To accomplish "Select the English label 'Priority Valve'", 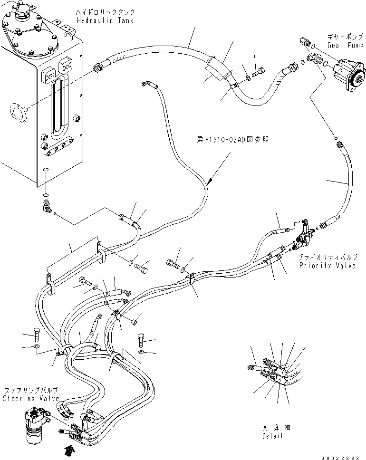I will tap(327, 266).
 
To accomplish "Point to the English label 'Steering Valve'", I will tap(31, 398).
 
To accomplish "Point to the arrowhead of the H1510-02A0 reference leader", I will tap(210, 181).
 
